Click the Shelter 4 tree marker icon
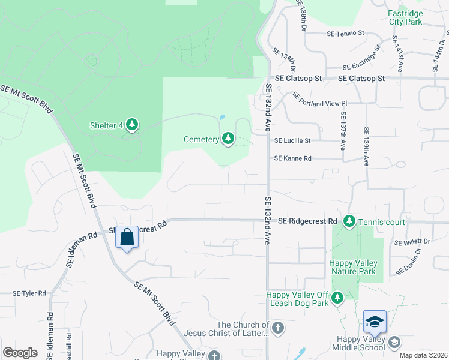(132, 125)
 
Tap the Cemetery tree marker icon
(228, 139)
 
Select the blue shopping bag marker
(127, 237)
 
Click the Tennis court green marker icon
(349, 222)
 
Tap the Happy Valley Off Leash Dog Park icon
(337, 298)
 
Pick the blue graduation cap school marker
(375, 322)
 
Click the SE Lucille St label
(292, 140)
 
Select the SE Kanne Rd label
(293, 158)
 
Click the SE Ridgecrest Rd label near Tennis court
(307, 221)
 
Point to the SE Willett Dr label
(412, 242)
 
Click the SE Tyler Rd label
(29, 293)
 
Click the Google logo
(20, 353)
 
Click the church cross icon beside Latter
(277, 328)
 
